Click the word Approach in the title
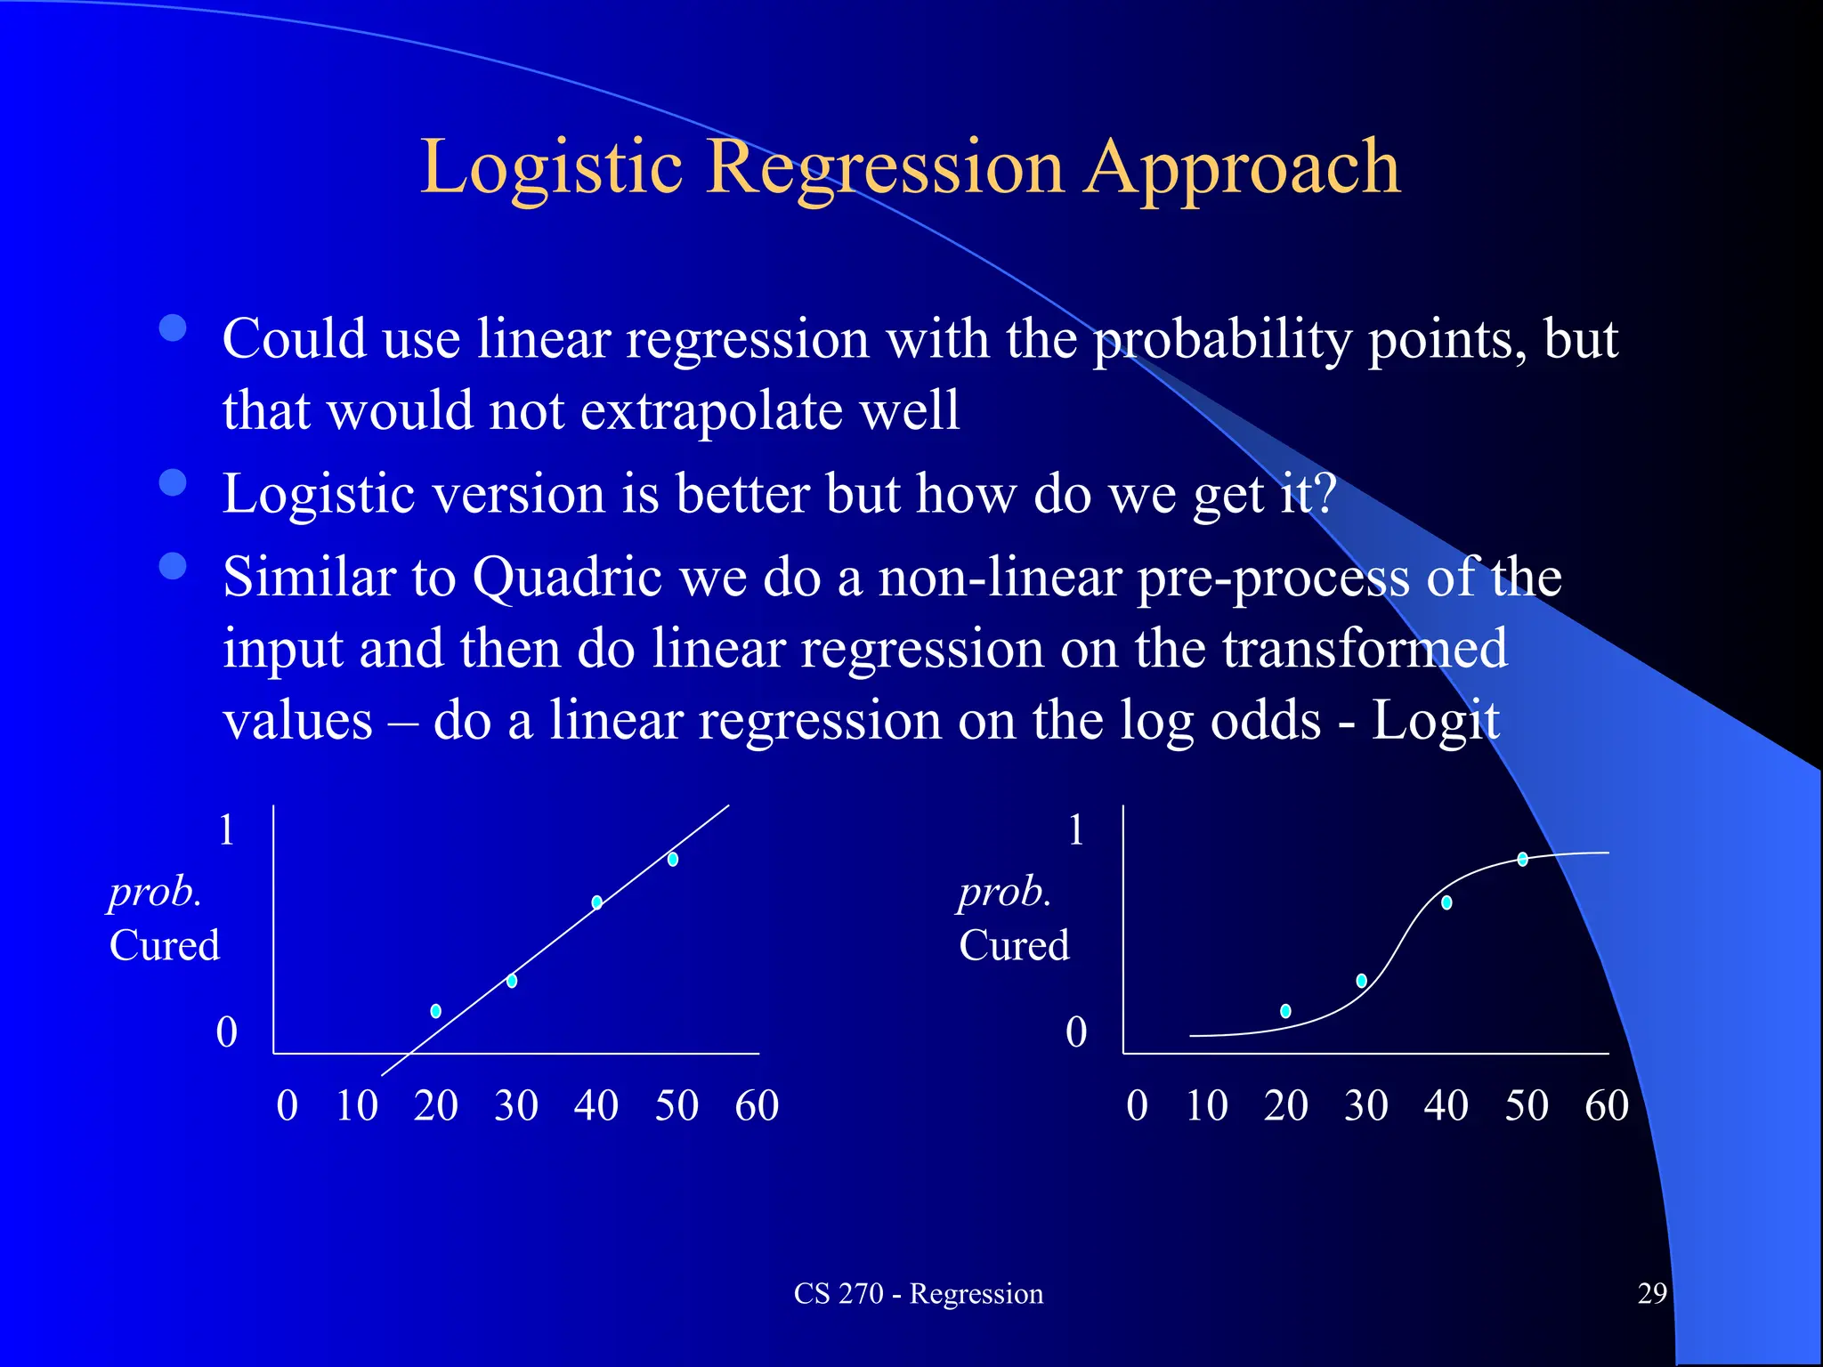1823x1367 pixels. pyautogui.click(x=1242, y=169)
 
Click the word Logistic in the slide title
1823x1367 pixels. pyautogui.click(x=551, y=169)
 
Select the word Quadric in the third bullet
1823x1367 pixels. pyautogui.click(x=566, y=578)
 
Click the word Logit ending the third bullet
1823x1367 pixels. pyautogui.click(x=1435, y=721)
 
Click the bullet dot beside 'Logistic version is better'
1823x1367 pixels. pyautogui.click(x=173, y=482)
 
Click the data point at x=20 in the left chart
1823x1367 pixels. pyautogui.click(x=435, y=1011)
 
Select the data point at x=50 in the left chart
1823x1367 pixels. pyautogui.click(x=673, y=859)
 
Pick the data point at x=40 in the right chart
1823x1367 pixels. pyautogui.click(x=1446, y=902)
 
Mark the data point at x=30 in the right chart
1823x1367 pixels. pyautogui.click(x=1361, y=981)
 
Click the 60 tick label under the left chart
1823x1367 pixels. pyautogui.click(x=757, y=1106)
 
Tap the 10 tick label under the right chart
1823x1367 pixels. pyautogui.click(x=1206, y=1106)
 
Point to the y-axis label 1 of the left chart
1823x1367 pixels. pyautogui.click(x=227, y=829)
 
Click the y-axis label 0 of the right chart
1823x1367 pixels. pyautogui.click(x=1076, y=1032)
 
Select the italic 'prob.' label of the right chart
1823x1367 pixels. pyautogui.click(x=1005, y=893)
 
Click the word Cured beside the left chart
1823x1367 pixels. pyautogui.click(x=165, y=945)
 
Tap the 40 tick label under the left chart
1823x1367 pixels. pyautogui.click(x=596, y=1106)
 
